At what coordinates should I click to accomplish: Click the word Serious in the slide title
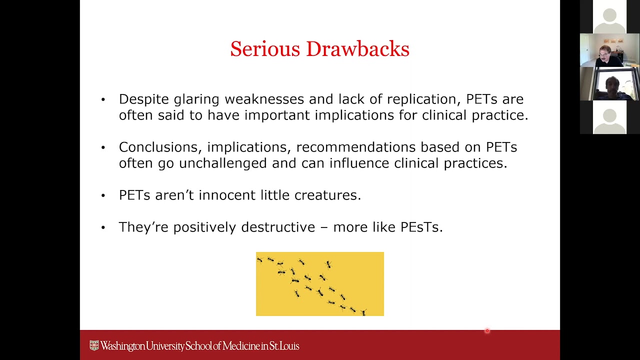pos(264,49)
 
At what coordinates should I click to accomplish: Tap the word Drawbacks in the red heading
pos(357,49)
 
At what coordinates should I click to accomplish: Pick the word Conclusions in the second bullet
pos(160,147)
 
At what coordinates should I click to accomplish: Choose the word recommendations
pos(355,147)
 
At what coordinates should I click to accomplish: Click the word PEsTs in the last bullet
pos(421,227)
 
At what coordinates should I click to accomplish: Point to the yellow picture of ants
pos(319,284)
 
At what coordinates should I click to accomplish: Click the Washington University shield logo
pos(94,345)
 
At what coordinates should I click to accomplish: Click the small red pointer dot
pos(487,330)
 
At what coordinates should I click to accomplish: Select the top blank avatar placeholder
pos(609,16)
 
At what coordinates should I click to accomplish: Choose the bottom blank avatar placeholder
pos(609,117)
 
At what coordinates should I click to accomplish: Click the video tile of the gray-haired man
pos(609,50)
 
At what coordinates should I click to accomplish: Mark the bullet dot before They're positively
pos(103,227)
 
